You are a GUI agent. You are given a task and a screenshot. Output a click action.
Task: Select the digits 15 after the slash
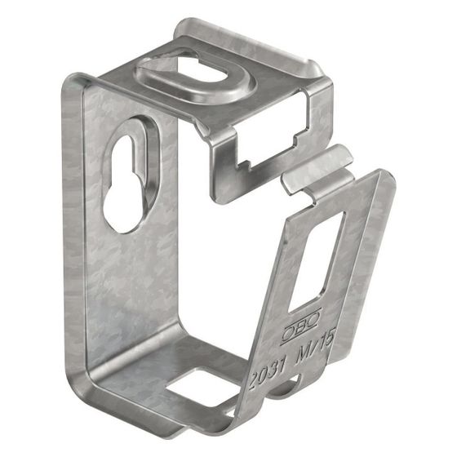[328, 338]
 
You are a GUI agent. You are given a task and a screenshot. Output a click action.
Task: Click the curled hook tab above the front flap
[317, 169]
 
